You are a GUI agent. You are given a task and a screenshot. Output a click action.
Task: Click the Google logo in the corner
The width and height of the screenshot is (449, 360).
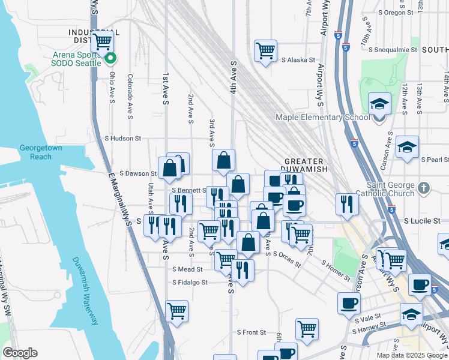coord(20,353)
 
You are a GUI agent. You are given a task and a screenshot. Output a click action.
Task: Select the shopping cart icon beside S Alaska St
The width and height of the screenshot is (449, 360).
coord(265,50)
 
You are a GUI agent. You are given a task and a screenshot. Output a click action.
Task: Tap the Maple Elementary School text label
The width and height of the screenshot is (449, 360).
coord(322,117)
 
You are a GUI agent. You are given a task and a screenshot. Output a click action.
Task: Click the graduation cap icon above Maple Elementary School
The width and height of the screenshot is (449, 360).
coord(379,103)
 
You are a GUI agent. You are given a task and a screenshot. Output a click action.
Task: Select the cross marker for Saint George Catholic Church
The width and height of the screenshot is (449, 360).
coord(424,187)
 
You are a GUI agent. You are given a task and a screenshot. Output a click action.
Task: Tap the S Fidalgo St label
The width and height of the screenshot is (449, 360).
coord(190,282)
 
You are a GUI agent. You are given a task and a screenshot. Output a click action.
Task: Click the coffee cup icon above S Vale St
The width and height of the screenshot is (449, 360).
coord(349,303)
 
